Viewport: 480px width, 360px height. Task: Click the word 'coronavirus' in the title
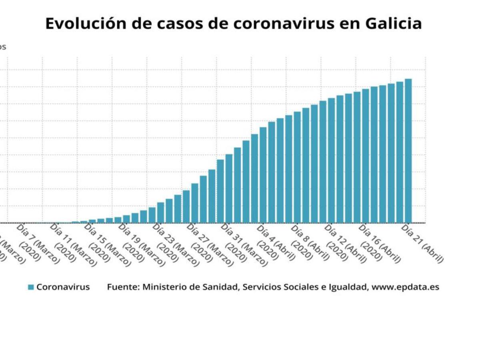(x=284, y=24)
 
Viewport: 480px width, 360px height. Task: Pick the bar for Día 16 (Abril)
(x=366, y=156)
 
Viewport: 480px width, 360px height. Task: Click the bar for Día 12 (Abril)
(x=331, y=160)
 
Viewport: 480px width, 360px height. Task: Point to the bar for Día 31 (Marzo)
(x=229, y=188)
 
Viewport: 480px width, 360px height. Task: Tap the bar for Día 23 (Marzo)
(x=160, y=212)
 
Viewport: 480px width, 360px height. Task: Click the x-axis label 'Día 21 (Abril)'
(x=422, y=244)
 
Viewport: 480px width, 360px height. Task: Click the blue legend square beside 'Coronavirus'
(x=31, y=287)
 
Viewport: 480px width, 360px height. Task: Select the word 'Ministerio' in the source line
(x=162, y=287)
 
